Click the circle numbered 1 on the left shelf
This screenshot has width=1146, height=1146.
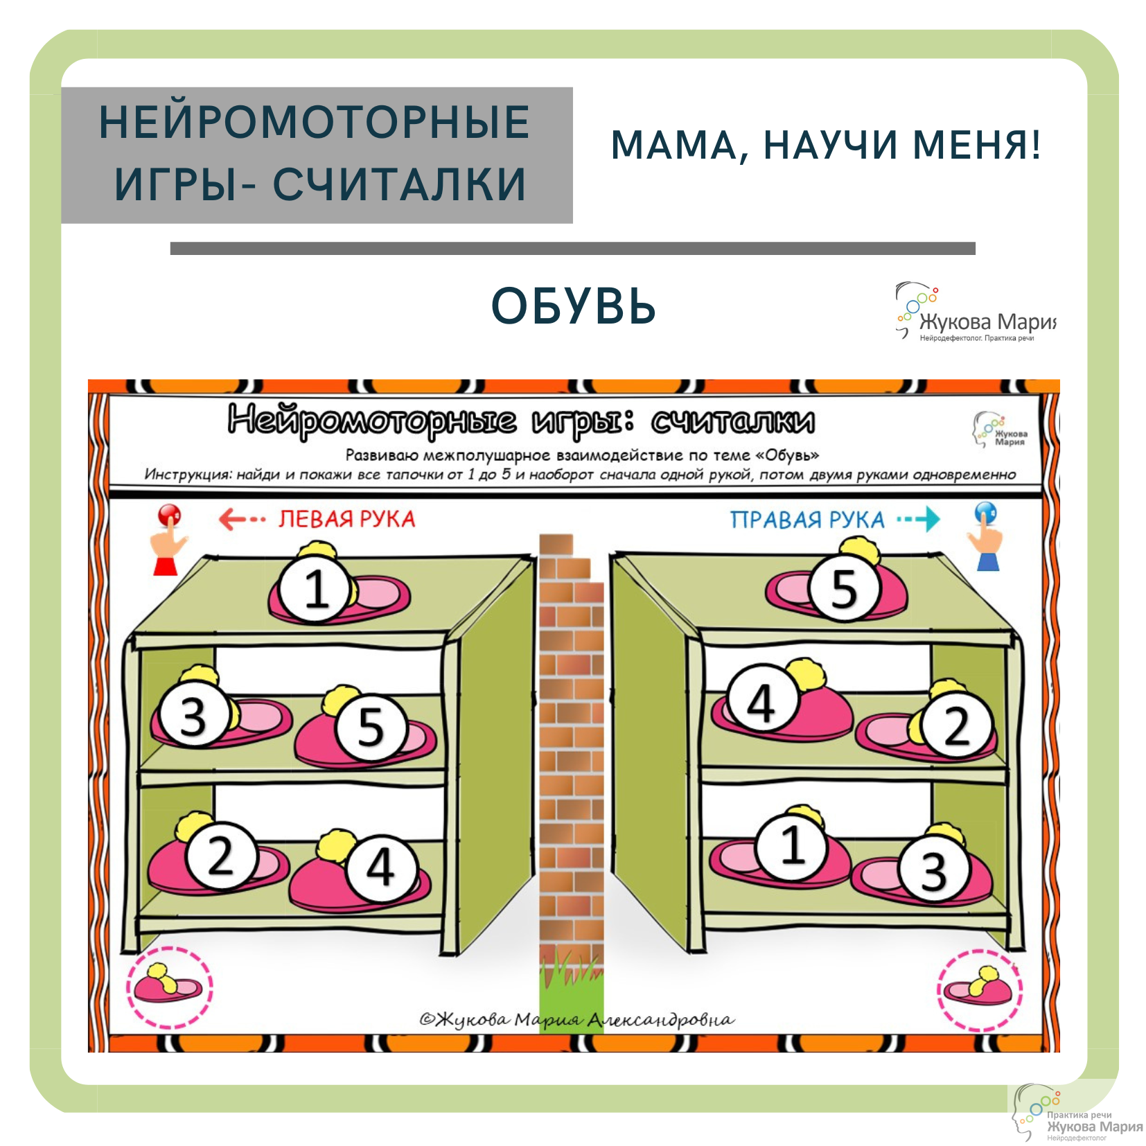[x=315, y=590]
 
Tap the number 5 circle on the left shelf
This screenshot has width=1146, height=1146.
[x=371, y=727]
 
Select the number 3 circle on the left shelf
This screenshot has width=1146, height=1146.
[x=193, y=716]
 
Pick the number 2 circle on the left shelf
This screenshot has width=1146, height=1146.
[x=220, y=856]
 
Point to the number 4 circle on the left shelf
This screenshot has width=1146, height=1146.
[x=380, y=867]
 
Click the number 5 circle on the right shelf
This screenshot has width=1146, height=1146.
[x=844, y=588]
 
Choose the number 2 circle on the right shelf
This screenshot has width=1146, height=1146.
[x=957, y=727]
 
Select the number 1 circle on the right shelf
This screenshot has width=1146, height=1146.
[x=792, y=845]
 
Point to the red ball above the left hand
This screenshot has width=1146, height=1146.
[x=169, y=515]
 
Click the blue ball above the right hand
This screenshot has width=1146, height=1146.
[x=985, y=513]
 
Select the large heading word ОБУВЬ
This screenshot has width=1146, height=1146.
[x=573, y=306]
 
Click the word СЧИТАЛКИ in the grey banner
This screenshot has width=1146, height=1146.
[x=399, y=185]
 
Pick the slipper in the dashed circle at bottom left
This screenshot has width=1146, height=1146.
[x=169, y=985]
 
